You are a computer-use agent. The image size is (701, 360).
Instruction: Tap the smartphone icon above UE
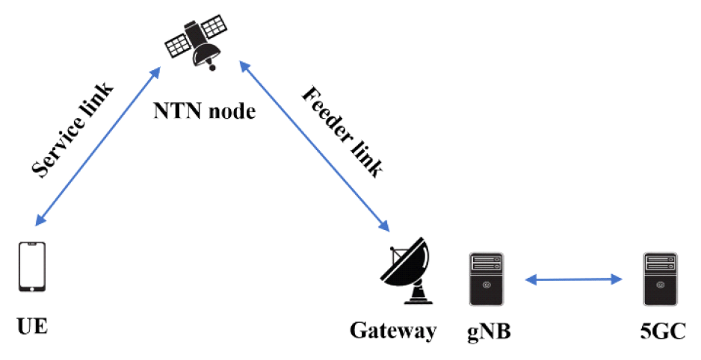[32, 267]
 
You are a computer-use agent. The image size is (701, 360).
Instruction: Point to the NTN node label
[204, 113]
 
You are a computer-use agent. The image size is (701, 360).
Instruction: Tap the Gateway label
[392, 330]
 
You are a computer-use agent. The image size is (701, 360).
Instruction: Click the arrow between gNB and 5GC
[573, 280]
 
